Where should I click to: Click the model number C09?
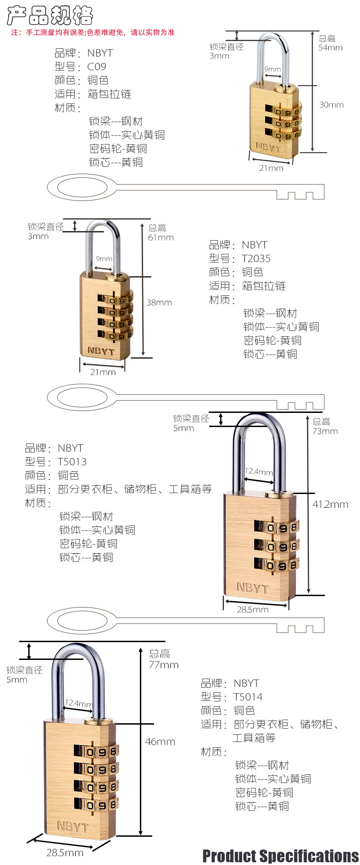pyautogui.click(x=97, y=67)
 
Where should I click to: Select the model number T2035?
pyautogui.click(x=256, y=259)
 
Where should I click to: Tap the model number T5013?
pyautogui.click(x=72, y=462)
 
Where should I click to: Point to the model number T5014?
pyautogui.click(x=248, y=697)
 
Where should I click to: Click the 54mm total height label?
pyautogui.click(x=330, y=48)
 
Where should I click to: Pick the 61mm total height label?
pyautogui.click(x=161, y=237)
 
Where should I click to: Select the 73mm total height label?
pyautogui.click(x=325, y=431)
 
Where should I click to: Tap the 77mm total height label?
pyautogui.click(x=164, y=665)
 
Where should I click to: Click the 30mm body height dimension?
pyautogui.click(x=331, y=105)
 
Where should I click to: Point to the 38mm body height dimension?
pyautogui.click(x=159, y=303)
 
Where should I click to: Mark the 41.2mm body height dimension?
pyautogui.click(x=330, y=505)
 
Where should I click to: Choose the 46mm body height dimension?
pyautogui.click(x=160, y=742)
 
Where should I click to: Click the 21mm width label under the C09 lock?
pyautogui.click(x=271, y=168)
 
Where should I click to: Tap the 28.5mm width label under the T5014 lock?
pyautogui.click(x=65, y=853)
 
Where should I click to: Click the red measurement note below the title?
pyautogui.click(x=93, y=32)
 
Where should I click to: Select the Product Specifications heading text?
pyautogui.click(x=280, y=855)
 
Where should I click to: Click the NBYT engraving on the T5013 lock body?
pyautogui.click(x=252, y=588)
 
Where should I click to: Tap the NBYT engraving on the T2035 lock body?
pyautogui.click(x=101, y=351)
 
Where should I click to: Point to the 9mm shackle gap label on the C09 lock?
pyautogui.click(x=273, y=69)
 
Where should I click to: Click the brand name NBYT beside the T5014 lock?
pyautogui.click(x=246, y=684)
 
